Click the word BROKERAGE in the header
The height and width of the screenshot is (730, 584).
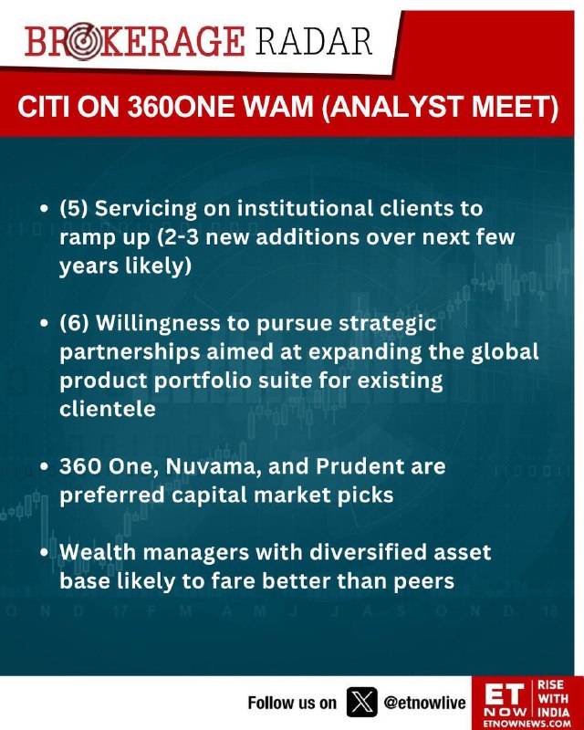[134, 41]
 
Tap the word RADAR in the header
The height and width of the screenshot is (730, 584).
[313, 41]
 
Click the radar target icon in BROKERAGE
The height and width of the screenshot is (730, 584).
[83, 42]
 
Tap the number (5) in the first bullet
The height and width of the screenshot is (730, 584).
[74, 209]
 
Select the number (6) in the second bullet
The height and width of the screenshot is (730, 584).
[74, 323]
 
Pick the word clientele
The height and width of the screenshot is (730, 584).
[108, 409]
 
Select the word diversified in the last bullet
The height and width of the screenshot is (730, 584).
[368, 552]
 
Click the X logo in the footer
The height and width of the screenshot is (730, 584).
[362, 702]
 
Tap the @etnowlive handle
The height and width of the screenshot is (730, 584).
[424, 703]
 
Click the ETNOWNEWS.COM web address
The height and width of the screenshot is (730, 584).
[527, 724]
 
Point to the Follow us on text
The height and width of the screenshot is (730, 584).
[291, 703]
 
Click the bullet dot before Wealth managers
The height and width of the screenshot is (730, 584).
[44, 553]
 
